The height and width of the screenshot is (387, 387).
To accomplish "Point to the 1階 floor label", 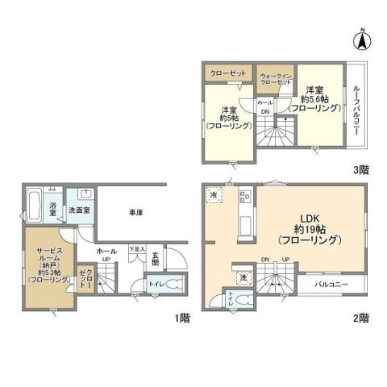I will click(182, 317).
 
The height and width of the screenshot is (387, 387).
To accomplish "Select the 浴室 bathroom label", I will click(52, 211).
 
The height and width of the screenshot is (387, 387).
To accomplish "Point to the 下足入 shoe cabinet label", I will click(138, 250).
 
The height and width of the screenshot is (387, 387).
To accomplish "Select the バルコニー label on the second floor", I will click(330, 285).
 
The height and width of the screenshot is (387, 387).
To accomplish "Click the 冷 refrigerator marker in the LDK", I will click(213, 195).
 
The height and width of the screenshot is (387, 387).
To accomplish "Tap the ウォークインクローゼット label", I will click(275, 78).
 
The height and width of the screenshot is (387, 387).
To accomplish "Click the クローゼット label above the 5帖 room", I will click(227, 72).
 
